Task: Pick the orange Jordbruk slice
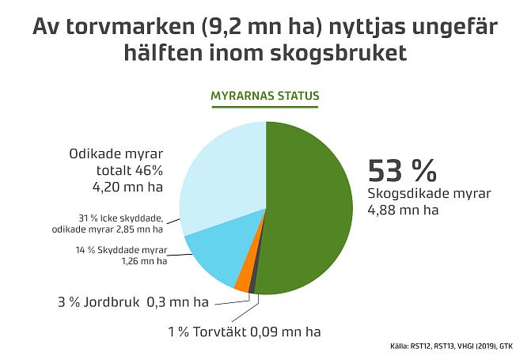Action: coord(244,279)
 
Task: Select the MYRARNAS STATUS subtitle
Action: coord(265,97)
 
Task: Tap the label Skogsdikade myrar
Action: coord(429,194)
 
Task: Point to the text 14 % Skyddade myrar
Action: coord(127,250)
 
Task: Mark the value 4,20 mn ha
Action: coord(127,188)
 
